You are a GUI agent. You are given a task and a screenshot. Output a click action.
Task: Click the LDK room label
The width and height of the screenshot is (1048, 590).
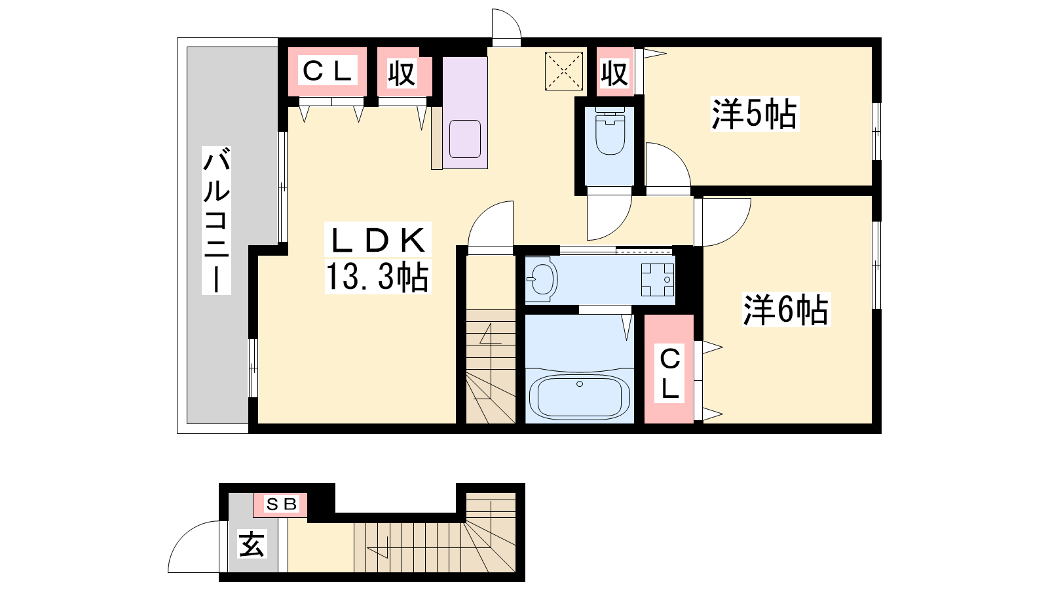[378, 240]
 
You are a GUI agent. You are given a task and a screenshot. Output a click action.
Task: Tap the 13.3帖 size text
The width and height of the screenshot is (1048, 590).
[377, 277]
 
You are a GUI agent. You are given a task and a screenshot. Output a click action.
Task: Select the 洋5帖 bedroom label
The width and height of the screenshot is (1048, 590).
[755, 114]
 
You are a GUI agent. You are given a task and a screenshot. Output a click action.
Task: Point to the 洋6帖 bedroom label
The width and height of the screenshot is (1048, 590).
[786, 309]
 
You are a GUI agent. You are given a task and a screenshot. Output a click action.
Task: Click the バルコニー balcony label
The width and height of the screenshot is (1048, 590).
[216, 220]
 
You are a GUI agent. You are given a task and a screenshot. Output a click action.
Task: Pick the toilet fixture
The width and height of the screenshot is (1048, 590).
[610, 130]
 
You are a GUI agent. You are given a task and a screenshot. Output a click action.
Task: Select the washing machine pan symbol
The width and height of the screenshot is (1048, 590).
[658, 279]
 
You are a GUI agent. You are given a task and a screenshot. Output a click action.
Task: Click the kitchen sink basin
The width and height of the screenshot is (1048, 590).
[465, 139]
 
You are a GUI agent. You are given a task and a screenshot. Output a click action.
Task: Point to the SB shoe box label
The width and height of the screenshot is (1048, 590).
[281, 504]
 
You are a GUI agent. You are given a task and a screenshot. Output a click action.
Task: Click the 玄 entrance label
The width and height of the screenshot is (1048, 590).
[252, 543]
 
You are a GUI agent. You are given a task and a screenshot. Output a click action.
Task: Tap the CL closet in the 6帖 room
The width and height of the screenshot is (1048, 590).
[669, 369]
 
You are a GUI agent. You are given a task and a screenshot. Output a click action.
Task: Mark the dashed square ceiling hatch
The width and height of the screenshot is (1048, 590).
[564, 71]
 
